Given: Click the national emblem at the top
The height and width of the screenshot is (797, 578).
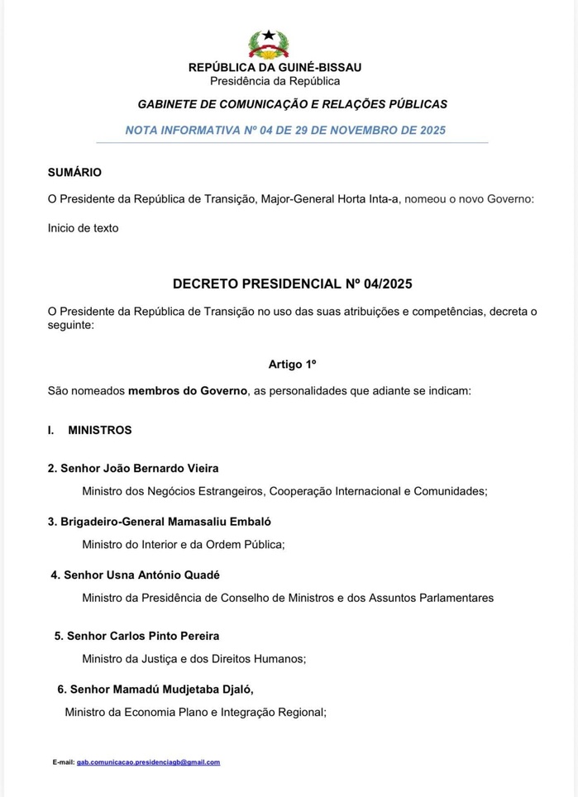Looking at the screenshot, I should [269, 43].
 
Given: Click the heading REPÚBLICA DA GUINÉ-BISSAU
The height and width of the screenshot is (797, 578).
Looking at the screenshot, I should [275, 67].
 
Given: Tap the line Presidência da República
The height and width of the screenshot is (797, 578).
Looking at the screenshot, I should [275, 81].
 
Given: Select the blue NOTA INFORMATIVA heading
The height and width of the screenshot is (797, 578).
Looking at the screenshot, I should [285, 130].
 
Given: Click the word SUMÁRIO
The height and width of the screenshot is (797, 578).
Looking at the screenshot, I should [74, 172].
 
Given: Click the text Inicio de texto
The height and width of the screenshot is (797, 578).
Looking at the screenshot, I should [83, 227].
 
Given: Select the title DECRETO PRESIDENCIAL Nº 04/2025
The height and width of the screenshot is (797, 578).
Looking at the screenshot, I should [292, 284].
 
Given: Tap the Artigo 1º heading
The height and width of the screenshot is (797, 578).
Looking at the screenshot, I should [292, 364].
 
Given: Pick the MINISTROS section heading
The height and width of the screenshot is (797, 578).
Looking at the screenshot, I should [99, 430].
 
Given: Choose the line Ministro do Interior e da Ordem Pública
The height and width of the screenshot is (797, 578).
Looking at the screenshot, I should [183, 544].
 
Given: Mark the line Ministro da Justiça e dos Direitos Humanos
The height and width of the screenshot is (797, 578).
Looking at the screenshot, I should [193, 659].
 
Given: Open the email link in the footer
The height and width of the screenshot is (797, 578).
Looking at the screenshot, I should [148, 762].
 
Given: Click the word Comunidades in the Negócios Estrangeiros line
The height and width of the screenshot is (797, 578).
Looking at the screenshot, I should [450, 491].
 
